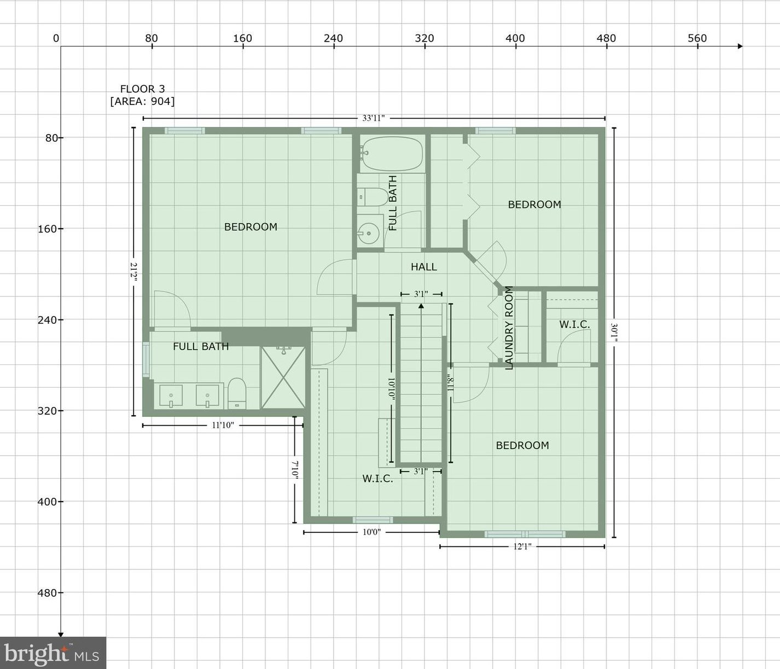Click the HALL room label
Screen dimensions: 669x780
[x=423, y=267]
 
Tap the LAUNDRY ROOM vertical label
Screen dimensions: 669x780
[x=509, y=328]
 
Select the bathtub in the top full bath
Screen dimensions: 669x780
[x=392, y=154]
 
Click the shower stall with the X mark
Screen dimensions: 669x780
[x=283, y=377]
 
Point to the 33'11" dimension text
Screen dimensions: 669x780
[x=374, y=118]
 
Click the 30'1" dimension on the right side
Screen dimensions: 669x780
[x=614, y=333]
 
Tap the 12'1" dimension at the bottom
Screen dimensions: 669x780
[x=522, y=546]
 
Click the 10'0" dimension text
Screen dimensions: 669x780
[x=371, y=532]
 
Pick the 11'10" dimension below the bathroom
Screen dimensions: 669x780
[x=223, y=425]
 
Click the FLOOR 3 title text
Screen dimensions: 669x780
[x=142, y=89]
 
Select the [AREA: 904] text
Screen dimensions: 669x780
[x=142, y=101]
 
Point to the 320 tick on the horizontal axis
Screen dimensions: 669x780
[x=424, y=38]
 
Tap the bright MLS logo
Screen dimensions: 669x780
[x=53, y=653]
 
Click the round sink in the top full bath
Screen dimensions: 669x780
[x=369, y=234]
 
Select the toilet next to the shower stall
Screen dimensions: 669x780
[x=237, y=392]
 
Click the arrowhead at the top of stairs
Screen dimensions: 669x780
[x=421, y=306]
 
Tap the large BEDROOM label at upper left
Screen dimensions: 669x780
[x=251, y=227]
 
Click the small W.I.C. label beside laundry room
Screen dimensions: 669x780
[x=574, y=324]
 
